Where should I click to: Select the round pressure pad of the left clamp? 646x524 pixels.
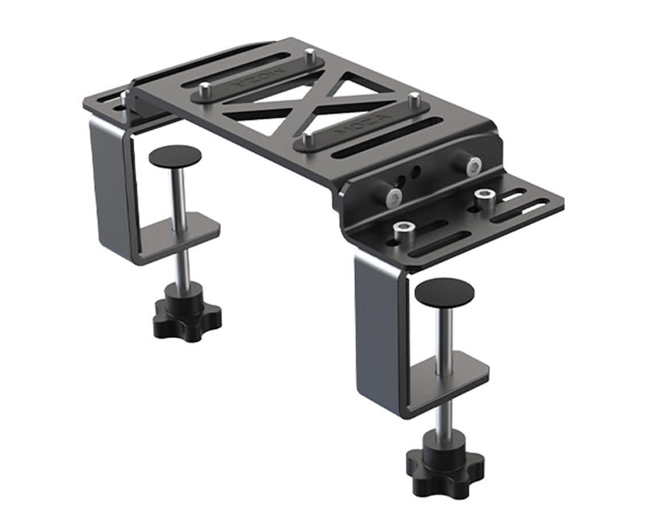tap(175, 155)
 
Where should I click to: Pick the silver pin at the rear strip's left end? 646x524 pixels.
tap(205, 88)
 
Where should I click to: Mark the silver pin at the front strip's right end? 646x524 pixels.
tap(414, 101)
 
